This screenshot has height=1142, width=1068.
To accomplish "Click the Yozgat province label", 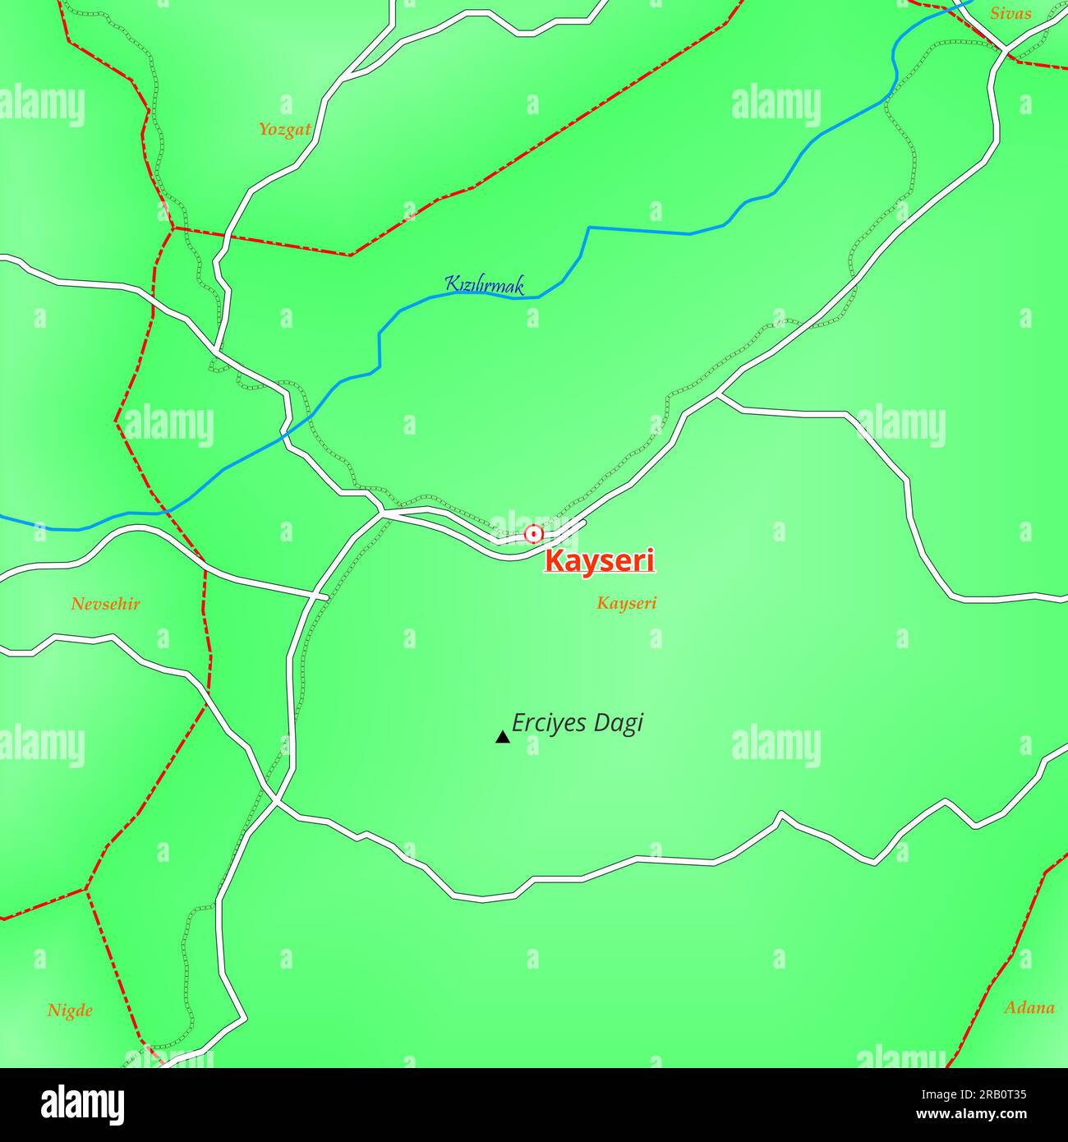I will pyautogui.click(x=284, y=130).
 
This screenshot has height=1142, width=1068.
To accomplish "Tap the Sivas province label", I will pyautogui.click(x=1010, y=13).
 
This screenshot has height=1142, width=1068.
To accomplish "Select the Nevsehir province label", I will pyautogui.click(x=105, y=605).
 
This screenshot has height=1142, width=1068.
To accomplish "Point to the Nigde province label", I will pyautogui.click(x=70, y=1011).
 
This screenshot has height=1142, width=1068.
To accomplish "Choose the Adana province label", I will pyautogui.click(x=1029, y=1007).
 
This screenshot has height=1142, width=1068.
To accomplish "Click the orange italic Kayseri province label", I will pyautogui.click(x=627, y=604).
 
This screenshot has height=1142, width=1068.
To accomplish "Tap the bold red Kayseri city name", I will pyautogui.click(x=601, y=562).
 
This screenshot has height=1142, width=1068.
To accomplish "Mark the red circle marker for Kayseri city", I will pyautogui.click(x=534, y=534).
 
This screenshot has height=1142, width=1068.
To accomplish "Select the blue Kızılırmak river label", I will pyautogui.click(x=484, y=285).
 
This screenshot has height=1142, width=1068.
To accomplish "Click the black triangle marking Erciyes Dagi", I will pyautogui.click(x=502, y=737).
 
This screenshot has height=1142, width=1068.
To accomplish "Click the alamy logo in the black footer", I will pyautogui.click(x=82, y=1105).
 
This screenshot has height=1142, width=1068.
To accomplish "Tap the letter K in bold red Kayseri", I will pyautogui.click(x=554, y=562).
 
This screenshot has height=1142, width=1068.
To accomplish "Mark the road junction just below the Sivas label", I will pyautogui.click(x=1006, y=50).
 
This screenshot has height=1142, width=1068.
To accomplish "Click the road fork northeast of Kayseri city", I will pyautogui.click(x=718, y=395).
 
